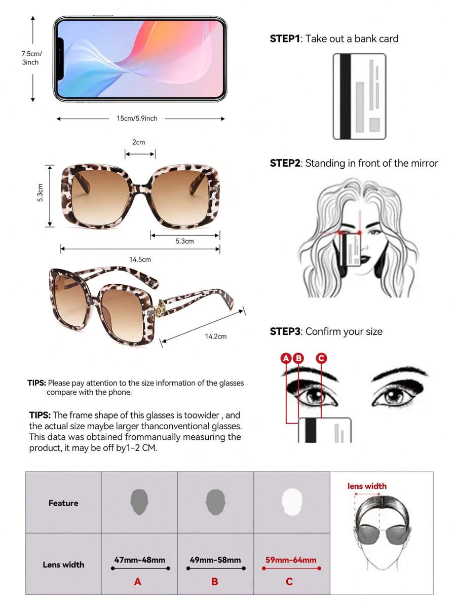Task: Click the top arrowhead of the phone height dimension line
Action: click(33, 17)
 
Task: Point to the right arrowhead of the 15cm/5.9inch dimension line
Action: click(223, 119)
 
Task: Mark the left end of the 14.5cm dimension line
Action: click(60, 249)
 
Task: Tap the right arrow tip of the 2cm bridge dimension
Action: click(154, 154)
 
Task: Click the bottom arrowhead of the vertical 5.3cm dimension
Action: click(50, 225)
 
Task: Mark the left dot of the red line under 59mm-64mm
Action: click(263, 568)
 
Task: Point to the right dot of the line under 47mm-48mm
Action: click(168, 568)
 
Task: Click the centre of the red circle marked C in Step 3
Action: click(321, 358)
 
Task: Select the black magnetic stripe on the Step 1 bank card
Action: click(345, 96)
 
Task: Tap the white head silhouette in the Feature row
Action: click(291, 502)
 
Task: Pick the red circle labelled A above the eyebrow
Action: click(286, 358)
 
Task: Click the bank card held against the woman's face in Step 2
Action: click(350, 250)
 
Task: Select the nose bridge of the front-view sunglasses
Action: click(140, 185)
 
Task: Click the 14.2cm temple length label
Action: click(216, 336)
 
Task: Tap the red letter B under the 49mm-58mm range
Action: click(214, 582)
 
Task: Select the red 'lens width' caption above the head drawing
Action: click(367, 486)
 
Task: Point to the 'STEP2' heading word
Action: click(285, 163)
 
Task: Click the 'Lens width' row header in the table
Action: click(63, 564)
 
